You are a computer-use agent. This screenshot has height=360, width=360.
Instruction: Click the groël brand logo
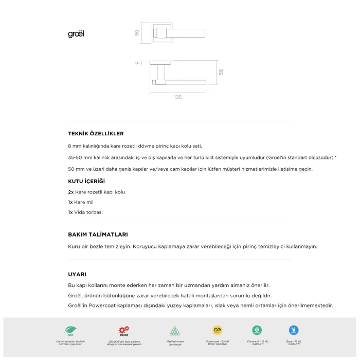pyautogui.click(x=76, y=34)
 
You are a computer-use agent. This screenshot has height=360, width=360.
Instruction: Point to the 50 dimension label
pyautogui.click(x=137, y=33)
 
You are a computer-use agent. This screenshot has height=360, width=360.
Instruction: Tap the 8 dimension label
pyautogui.click(x=137, y=63)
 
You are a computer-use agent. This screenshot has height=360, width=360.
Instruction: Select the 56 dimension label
pyautogui.click(x=221, y=72)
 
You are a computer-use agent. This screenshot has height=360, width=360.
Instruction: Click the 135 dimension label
pyautogui.click(x=177, y=97)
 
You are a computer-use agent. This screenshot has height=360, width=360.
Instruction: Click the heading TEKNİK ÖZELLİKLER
pyautogui.click(x=96, y=133)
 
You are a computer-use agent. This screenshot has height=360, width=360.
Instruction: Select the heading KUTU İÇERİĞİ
pyautogui.click(x=86, y=182)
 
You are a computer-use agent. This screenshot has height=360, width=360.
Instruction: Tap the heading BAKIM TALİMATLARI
pyautogui.click(x=98, y=234)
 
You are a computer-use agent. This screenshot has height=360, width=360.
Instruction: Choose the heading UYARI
pyautogui.click(x=77, y=274)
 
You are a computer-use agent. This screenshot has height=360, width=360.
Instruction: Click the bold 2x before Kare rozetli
pyautogui.click(x=71, y=192)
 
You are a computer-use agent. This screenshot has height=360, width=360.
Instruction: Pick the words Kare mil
pyautogui.click(x=84, y=202)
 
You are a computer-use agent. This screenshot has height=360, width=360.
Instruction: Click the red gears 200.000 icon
pyautogui.click(x=124, y=330)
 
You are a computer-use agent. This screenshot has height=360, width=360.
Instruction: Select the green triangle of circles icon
pyautogui.click(x=175, y=330)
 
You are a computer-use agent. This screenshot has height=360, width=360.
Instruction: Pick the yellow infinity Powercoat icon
pyautogui.click(x=217, y=330)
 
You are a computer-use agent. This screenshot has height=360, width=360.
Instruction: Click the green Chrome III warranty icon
pyautogui.click(x=257, y=330)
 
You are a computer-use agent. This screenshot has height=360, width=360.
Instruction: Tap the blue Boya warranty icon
pyautogui.click(x=294, y=330)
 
